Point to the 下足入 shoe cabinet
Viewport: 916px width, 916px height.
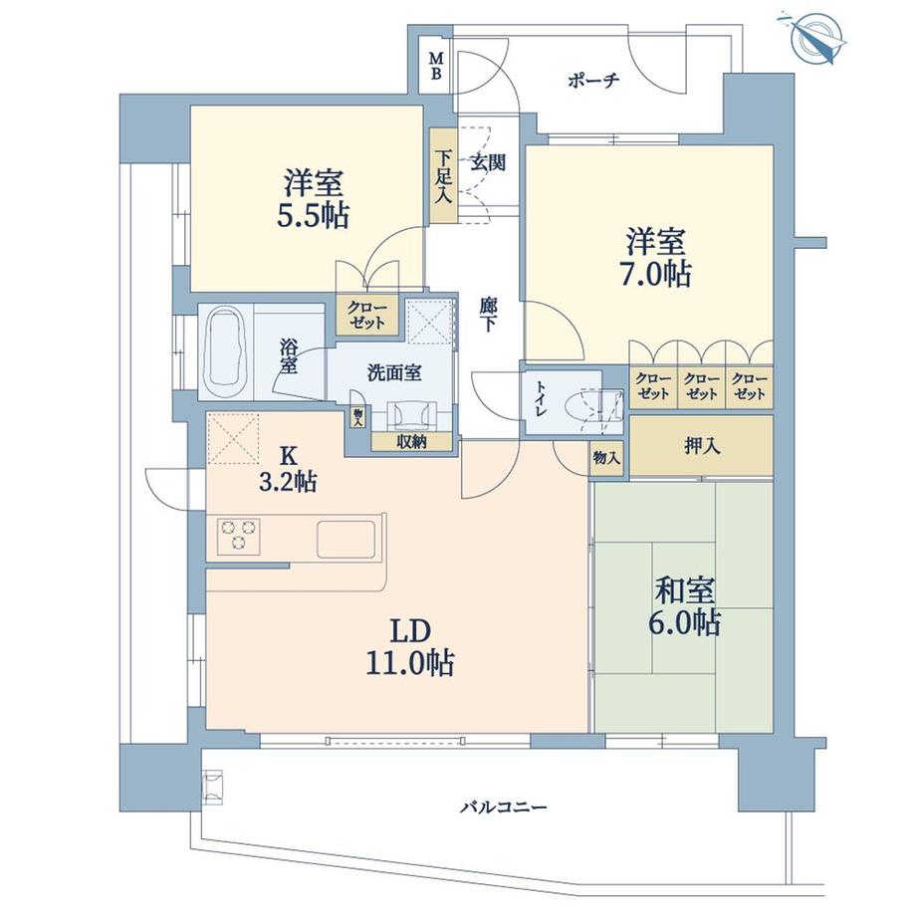(x=442, y=175)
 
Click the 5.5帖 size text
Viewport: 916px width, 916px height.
(x=314, y=216)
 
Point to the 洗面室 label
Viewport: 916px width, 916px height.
(x=394, y=373)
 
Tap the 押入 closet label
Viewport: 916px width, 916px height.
(x=703, y=444)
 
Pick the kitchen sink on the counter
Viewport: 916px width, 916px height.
(x=347, y=539)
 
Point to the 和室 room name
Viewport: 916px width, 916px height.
(x=682, y=590)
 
